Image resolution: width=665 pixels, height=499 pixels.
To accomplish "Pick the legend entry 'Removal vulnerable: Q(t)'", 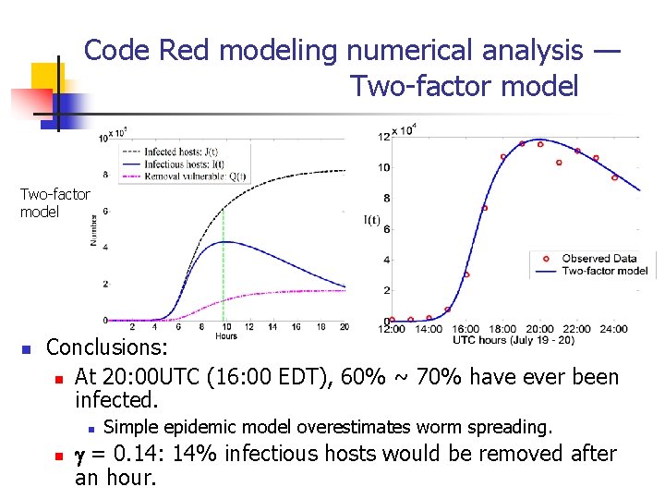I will point(181,174).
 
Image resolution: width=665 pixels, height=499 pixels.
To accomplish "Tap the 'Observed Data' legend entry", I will point(599,259).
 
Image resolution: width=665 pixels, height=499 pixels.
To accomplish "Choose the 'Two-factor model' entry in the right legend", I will point(605,271).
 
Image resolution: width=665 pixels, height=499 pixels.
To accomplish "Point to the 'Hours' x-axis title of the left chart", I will point(226,335).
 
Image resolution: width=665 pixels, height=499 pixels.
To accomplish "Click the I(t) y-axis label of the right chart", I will point(372,219).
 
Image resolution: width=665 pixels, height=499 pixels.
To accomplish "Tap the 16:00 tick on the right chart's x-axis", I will point(465,329).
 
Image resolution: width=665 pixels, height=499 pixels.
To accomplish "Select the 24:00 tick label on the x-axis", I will point(613,329).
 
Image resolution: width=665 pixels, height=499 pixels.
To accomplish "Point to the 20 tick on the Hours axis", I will point(345,326).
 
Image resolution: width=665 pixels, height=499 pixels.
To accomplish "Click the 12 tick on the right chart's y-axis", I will point(383,137).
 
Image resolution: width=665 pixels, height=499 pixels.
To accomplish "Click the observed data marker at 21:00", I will point(559,163).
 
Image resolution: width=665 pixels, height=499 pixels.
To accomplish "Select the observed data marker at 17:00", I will point(484,208).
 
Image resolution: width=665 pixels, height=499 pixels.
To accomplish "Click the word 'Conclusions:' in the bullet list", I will point(107,347).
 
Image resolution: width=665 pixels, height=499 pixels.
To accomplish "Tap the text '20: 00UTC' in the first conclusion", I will point(154,377).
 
